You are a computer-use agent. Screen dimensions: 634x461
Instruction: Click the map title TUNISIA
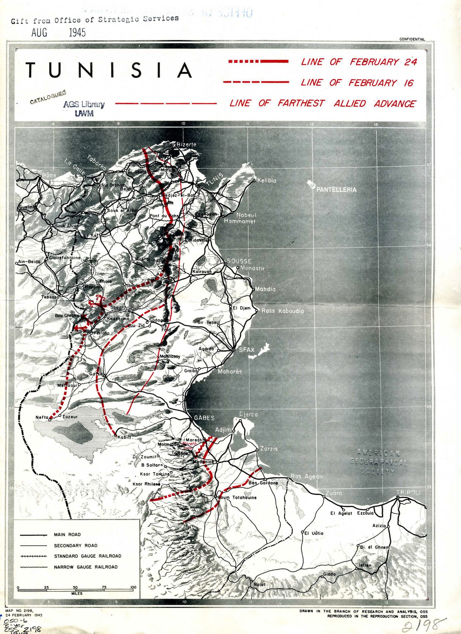109,70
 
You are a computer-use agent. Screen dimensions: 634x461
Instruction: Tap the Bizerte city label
186,144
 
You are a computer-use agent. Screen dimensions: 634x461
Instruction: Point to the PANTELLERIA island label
336,190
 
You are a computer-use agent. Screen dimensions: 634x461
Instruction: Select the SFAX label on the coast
247,350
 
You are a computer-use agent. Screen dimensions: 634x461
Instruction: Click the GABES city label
204,418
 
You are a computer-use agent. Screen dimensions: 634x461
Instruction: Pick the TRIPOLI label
408,492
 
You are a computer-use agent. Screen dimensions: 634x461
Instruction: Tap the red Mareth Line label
189,445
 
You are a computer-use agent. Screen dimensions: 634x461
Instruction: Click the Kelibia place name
267,180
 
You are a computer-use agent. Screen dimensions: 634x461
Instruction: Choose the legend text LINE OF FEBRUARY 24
359,62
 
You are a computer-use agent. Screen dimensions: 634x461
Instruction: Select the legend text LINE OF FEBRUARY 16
357,83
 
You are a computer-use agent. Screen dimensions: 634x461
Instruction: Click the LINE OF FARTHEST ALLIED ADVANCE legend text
322,103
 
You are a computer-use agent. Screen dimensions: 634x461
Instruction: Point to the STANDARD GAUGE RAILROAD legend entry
88,556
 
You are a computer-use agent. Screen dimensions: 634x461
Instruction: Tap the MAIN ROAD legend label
67,535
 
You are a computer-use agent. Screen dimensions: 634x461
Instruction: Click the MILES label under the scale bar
77,594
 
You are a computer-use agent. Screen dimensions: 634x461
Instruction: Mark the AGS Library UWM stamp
84,109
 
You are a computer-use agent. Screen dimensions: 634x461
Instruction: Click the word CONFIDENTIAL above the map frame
412,39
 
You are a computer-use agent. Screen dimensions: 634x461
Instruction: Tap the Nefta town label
42,418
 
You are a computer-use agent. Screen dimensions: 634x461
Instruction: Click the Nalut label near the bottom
259,584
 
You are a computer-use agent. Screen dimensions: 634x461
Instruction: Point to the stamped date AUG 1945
59,32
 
